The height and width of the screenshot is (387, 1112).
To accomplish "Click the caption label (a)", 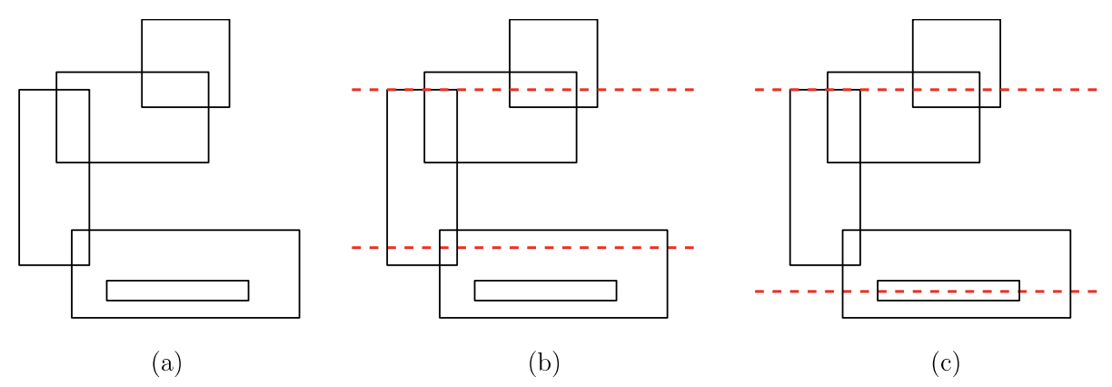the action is [167, 363].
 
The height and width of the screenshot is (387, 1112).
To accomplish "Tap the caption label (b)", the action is [544, 363].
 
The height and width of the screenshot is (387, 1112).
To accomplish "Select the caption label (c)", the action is [946, 363].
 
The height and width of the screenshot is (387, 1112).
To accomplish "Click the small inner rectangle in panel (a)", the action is [178, 281].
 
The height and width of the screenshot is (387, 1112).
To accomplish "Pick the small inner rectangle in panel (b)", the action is [546, 281].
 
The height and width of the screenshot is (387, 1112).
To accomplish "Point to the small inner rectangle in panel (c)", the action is [948, 281].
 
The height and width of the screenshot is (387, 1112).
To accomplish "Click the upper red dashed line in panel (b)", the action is [522, 90].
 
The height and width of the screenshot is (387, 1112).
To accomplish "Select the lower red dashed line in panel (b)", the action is [522, 247].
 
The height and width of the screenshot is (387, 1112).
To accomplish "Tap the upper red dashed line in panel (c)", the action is [926, 90].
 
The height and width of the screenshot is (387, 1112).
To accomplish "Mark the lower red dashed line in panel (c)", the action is [926, 292].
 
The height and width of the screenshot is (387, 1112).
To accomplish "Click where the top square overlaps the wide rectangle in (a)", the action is [175, 89].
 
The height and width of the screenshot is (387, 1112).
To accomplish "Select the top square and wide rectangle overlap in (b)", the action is [543, 89].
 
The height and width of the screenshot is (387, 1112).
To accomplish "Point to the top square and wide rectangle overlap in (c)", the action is [946, 89].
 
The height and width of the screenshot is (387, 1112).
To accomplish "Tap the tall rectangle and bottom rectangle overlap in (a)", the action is [81, 248].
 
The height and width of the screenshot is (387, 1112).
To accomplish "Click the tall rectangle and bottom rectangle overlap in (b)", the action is [448, 248].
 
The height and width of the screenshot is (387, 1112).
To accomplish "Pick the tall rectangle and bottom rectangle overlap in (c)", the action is [851, 248].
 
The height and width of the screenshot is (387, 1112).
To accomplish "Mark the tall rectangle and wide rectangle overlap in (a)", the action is [73, 126].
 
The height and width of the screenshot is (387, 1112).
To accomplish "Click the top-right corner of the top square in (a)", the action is [229, 20].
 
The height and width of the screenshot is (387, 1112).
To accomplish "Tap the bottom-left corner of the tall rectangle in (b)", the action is [387, 265].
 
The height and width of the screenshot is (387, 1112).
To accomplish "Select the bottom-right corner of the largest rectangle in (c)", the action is [1070, 318].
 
